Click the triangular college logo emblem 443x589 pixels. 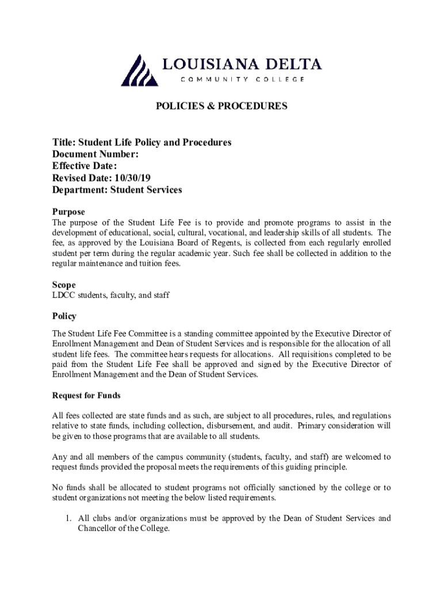(138, 70)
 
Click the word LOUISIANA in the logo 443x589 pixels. (209, 63)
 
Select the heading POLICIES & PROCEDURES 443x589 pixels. (221, 106)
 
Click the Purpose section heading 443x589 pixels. (68, 212)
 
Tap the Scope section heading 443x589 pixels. (64, 285)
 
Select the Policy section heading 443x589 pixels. (64, 316)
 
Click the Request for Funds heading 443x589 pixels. (86, 396)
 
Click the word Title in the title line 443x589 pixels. (63, 142)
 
